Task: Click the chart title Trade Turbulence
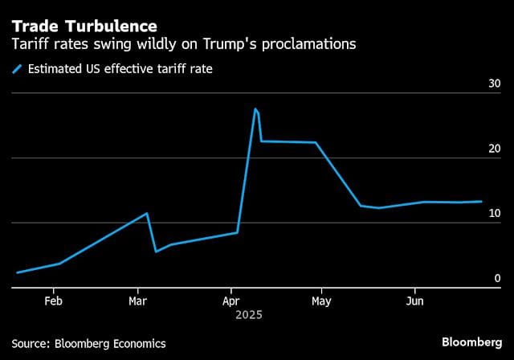(x=84, y=25)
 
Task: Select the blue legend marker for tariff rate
(x=17, y=69)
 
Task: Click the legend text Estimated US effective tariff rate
(x=120, y=69)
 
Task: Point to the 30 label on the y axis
(x=494, y=84)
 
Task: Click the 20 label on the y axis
(x=494, y=149)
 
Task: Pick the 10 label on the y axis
(x=494, y=213)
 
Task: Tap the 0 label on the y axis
(x=497, y=278)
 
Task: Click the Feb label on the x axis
(x=53, y=301)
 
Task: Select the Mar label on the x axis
(x=137, y=301)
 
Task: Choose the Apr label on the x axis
(x=230, y=301)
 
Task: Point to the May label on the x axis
(x=320, y=301)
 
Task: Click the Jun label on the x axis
(x=414, y=301)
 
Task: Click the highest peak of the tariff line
(x=255, y=109)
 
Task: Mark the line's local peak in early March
(x=147, y=213)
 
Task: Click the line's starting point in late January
(x=18, y=272)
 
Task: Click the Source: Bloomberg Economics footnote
(x=88, y=343)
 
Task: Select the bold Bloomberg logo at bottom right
(x=471, y=342)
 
